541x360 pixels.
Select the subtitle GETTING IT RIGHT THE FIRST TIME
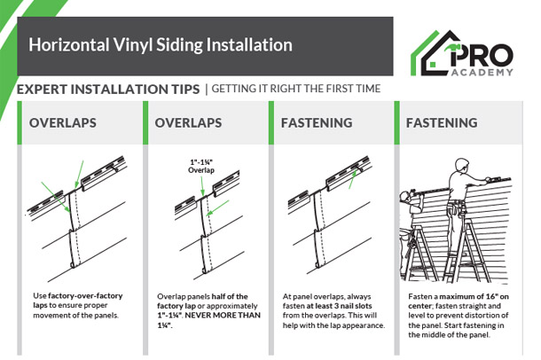[x=295, y=90]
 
